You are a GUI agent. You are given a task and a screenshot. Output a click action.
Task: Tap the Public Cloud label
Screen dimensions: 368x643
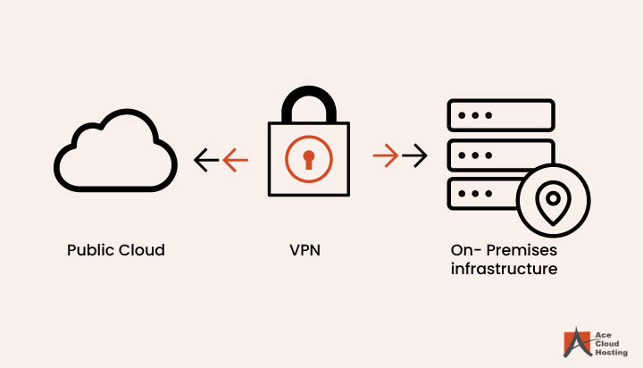tap(116, 250)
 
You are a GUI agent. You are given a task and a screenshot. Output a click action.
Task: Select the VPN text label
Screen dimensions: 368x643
tap(306, 250)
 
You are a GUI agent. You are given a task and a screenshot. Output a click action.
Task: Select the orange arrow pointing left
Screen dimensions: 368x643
tap(236, 160)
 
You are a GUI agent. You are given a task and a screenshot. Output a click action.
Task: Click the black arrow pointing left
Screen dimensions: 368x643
tap(206, 160)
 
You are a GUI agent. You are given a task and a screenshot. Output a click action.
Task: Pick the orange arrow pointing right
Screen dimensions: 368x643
tap(386, 157)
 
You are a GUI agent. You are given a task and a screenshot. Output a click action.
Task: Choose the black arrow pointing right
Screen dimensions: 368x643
tap(414, 157)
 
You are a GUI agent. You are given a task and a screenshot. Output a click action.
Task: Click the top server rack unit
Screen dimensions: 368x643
tap(499, 116)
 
